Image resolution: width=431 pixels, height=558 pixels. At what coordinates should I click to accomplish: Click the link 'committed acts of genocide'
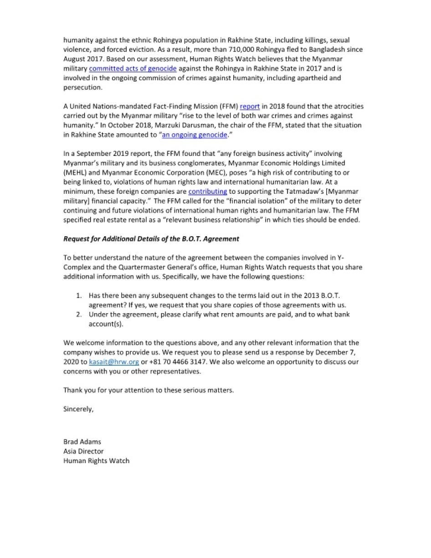pos(133,68)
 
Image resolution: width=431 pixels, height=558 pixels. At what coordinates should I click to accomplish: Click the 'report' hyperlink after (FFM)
pos(250,106)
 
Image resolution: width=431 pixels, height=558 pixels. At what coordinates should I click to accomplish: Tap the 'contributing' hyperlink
pos(207,191)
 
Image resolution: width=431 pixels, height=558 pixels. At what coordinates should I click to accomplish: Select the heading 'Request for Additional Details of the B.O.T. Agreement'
pos(151,238)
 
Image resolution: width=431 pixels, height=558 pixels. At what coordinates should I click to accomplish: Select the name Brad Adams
pos(82,441)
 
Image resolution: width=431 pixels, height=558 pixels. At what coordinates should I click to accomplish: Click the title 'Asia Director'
pos(83,451)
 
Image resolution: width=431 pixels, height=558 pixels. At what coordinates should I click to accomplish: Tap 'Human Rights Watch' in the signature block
pos(96,460)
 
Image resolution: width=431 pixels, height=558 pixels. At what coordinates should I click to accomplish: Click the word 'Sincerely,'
pos(78,409)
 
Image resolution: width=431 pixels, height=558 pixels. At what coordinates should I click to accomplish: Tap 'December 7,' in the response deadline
pos(329,352)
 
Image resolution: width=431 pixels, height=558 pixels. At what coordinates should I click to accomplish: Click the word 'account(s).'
pos(106,324)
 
